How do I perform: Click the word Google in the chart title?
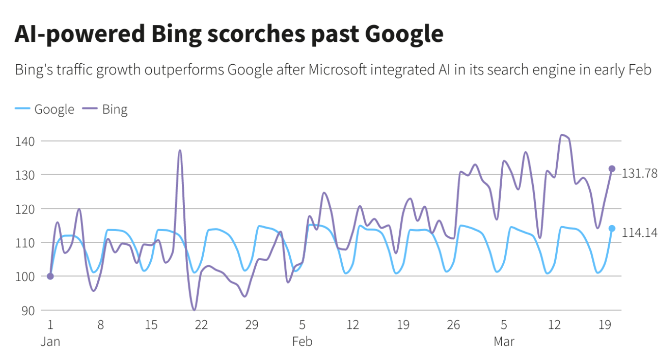click(403, 34)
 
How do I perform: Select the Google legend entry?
click(54, 109)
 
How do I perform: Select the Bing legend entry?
click(115, 109)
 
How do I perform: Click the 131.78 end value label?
click(640, 173)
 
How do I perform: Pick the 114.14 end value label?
click(640, 233)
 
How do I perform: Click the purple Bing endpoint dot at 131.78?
click(612, 169)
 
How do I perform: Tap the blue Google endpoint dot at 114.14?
click(612, 228)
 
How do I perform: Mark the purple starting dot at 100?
click(50, 276)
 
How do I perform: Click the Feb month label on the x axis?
click(302, 342)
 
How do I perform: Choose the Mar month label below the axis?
click(504, 342)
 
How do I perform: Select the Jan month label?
click(50, 342)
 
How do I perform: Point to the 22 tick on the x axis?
click(201, 325)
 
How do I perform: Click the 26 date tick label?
click(454, 325)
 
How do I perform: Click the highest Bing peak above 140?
click(563, 135)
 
